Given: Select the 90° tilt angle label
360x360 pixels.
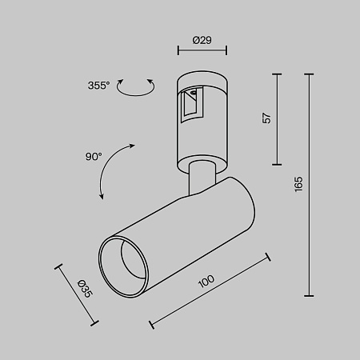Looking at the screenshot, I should (x=94, y=156).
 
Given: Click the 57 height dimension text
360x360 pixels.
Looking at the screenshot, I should (x=267, y=118).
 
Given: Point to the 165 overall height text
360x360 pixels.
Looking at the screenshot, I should (x=299, y=185).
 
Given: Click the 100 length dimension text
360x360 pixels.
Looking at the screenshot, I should (x=206, y=281).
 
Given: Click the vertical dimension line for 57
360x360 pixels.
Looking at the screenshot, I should (x=278, y=118).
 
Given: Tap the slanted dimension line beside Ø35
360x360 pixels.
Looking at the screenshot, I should (x=78, y=294).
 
